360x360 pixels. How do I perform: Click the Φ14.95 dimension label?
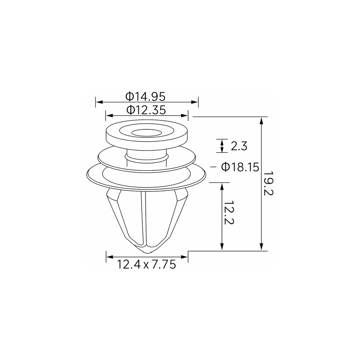(x=145, y=97)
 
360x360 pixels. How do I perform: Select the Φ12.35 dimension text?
(x=146, y=110)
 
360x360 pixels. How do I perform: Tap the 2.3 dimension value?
(x=239, y=146)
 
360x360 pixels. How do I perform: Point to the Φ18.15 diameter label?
(x=240, y=167)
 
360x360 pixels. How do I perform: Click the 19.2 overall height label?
(x=268, y=184)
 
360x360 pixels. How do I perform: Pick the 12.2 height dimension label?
(x=229, y=213)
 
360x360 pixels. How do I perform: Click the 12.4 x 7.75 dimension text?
(x=147, y=264)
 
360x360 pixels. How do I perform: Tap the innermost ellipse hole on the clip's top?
(x=147, y=133)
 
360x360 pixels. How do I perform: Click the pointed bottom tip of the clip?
(x=147, y=253)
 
